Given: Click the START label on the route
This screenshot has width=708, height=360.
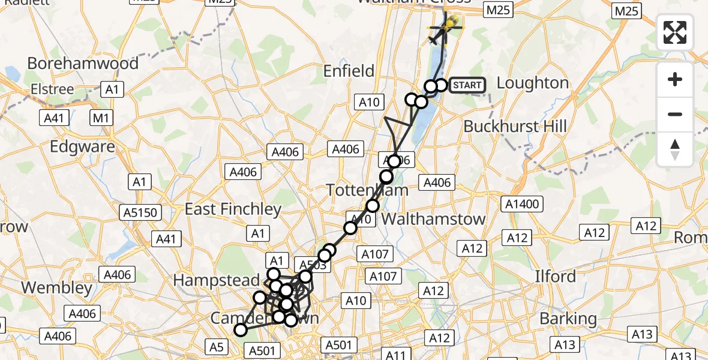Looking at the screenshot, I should (x=467, y=85).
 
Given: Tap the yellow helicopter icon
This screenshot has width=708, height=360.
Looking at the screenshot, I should (x=446, y=25).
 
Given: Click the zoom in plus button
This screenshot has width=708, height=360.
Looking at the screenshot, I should (x=675, y=79).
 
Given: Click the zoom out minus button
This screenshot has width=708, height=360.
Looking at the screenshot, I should (x=675, y=114).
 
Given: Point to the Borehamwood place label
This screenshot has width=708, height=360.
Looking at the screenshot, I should (x=83, y=63).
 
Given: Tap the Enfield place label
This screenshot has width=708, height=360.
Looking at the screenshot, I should (x=349, y=71).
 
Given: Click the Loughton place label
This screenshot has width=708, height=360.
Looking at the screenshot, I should (x=533, y=83).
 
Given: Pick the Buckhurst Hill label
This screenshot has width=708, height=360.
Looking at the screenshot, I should (x=515, y=127).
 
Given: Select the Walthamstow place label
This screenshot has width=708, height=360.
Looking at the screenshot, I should (x=433, y=219).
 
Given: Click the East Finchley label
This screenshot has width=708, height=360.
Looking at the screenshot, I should (x=233, y=209).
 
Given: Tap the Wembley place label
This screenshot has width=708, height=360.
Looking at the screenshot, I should (x=57, y=287).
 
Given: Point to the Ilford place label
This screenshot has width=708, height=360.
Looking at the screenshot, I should (x=556, y=277).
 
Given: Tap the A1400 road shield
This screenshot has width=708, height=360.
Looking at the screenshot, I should (x=523, y=203).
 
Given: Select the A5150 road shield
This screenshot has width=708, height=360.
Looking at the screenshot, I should (x=140, y=212).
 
